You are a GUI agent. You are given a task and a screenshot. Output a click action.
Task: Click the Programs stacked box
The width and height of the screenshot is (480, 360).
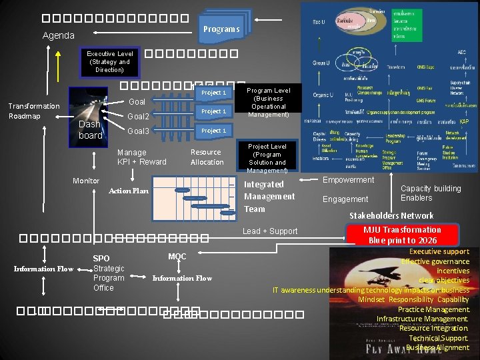(x=221, y=29)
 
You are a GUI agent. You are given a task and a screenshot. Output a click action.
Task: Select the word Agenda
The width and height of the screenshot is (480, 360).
(x=59, y=35)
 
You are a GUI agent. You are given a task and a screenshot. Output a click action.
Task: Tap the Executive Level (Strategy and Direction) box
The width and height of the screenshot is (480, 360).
(x=109, y=61)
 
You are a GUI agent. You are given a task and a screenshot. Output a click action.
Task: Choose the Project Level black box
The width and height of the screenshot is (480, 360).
(x=267, y=158)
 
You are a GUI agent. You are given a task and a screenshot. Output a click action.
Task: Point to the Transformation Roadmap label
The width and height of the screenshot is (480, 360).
(x=34, y=111)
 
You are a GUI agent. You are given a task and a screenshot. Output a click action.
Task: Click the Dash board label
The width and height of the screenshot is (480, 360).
(x=91, y=130)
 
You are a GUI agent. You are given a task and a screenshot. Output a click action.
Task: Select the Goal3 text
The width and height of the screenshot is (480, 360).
(x=138, y=131)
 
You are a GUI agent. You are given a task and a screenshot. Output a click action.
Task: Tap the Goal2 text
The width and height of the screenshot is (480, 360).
(x=138, y=117)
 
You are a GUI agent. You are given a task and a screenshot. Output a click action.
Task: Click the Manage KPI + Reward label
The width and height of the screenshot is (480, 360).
(x=142, y=157)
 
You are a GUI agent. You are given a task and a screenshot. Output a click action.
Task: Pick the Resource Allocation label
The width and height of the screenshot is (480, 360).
(x=207, y=157)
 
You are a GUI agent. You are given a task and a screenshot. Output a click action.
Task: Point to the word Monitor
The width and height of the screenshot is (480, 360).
(x=86, y=181)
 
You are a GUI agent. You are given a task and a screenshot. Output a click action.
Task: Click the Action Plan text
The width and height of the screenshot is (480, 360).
(x=129, y=191)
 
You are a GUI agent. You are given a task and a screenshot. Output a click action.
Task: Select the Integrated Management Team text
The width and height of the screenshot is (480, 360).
(x=269, y=197)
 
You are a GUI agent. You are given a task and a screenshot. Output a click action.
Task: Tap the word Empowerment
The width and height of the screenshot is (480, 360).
(x=349, y=180)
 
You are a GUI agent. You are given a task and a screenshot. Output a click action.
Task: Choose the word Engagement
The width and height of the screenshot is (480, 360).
(x=345, y=199)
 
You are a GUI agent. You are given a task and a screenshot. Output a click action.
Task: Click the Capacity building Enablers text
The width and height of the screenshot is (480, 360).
(x=431, y=193)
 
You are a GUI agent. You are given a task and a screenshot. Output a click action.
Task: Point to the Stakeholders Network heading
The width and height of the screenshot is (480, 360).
(x=391, y=215)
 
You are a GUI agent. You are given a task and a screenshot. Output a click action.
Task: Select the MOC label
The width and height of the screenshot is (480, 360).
(x=177, y=256)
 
